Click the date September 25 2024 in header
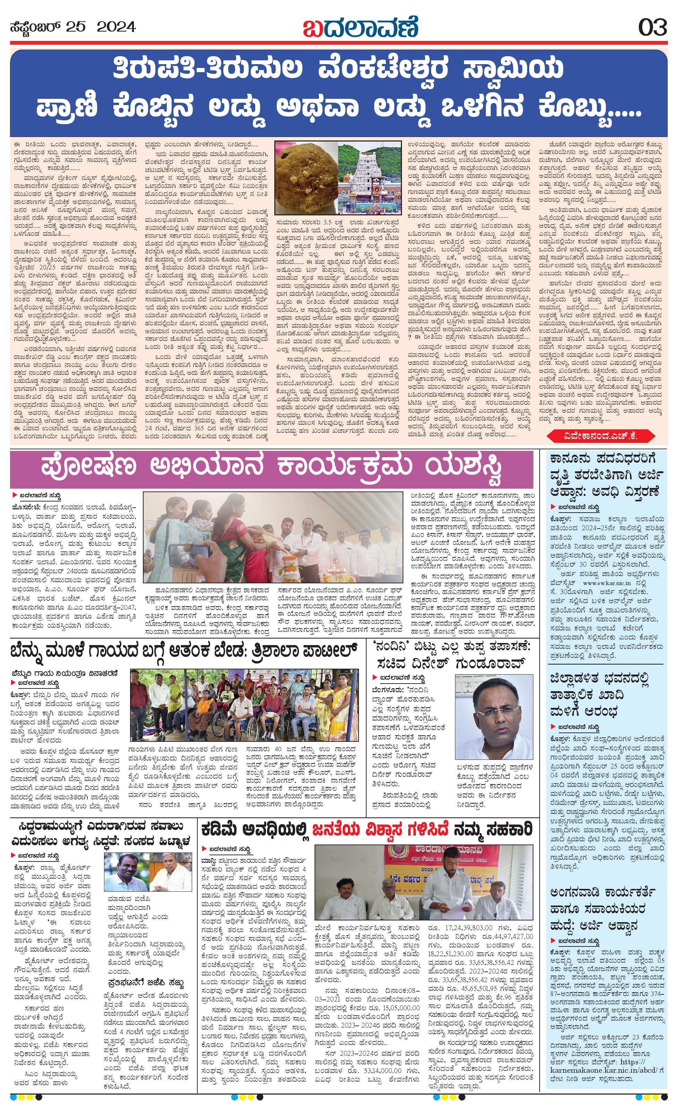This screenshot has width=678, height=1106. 72,27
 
